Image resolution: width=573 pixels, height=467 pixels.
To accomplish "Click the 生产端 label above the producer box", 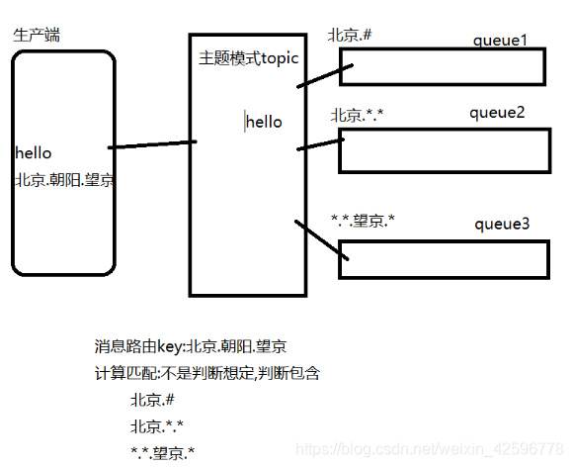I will coord(37,36).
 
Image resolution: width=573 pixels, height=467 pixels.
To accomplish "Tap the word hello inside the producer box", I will coord(34,153).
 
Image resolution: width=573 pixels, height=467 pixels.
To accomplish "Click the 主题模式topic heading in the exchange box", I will coord(249,58).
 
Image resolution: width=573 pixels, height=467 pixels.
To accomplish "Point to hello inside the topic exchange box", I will coord(264,122).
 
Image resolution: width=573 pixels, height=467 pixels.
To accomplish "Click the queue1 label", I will coord(500,41).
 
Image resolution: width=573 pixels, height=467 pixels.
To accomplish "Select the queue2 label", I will coord(497,112).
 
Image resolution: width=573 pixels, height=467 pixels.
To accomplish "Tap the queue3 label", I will coord(502,225).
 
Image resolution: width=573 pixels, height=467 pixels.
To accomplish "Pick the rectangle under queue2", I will coord(444,149).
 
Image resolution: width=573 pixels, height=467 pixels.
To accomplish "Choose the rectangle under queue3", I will coord(444,258).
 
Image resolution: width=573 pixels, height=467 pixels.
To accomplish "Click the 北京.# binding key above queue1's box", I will coord(350,36).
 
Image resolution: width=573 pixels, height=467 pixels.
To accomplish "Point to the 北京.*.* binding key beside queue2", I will coord(357,116).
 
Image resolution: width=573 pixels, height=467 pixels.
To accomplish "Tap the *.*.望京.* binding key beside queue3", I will coord(364,221).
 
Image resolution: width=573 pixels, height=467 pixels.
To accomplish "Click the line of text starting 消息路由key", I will coord(191,346).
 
